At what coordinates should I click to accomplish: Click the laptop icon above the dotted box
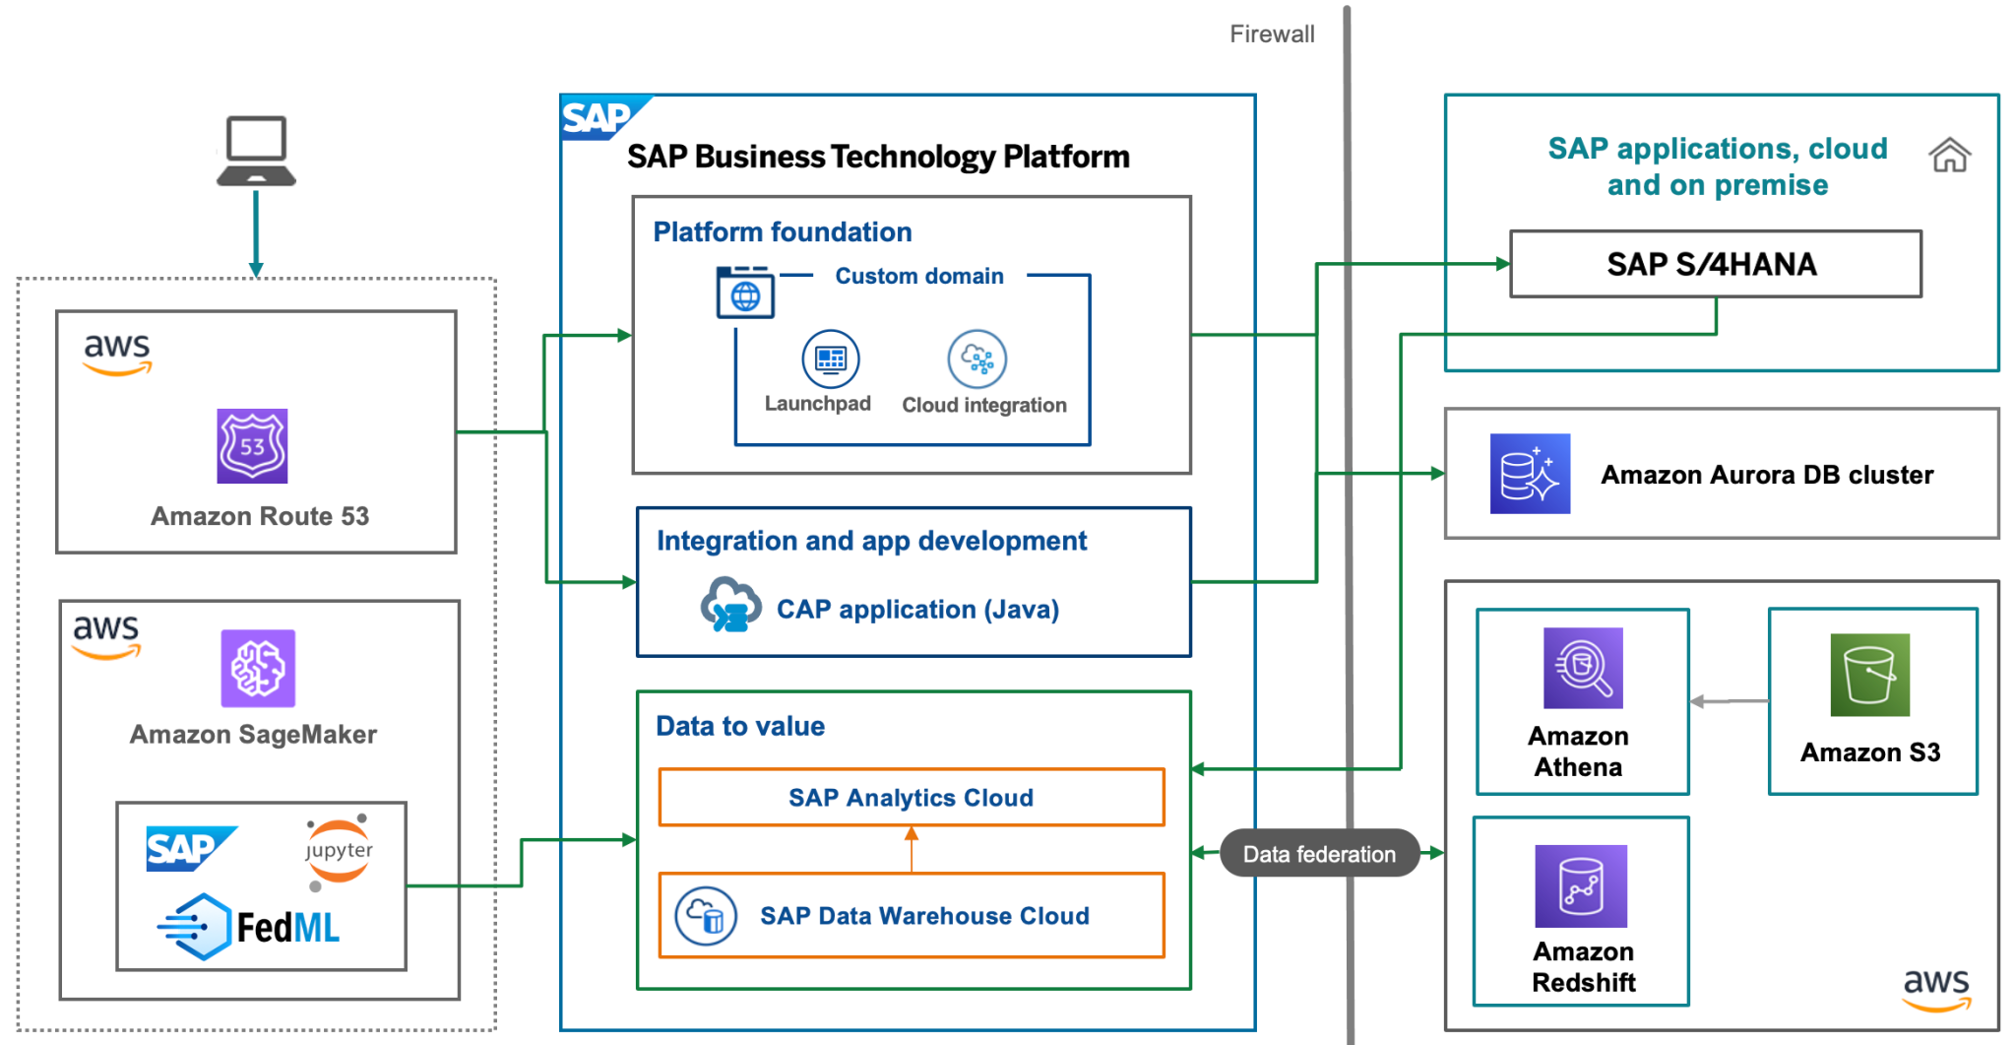[x=256, y=151]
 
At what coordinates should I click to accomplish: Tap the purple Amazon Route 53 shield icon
[x=252, y=446]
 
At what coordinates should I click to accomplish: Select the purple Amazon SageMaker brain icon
[x=258, y=668]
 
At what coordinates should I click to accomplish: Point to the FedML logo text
[x=287, y=928]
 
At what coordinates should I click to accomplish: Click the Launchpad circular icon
[x=830, y=359]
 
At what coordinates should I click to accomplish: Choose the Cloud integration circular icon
[x=976, y=359]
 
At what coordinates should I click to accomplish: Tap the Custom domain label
[x=918, y=277]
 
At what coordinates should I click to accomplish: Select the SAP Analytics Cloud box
[x=911, y=798]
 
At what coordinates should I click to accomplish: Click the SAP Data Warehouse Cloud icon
[x=706, y=916]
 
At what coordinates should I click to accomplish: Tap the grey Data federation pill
[x=1319, y=854]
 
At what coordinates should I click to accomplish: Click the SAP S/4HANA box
[x=1714, y=264]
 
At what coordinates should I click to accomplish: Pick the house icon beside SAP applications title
[x=1948, y=156]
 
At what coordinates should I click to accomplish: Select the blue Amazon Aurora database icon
[x=1529, y=474]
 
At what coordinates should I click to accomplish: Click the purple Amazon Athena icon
[x=1582, y=669]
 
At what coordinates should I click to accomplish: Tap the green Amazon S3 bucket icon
[x=1869, y=675]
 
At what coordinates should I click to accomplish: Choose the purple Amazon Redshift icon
[x=1580, y=886]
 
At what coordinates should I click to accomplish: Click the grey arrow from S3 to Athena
[x=1729, y=701]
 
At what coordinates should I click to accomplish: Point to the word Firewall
[x=1271, y=34]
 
